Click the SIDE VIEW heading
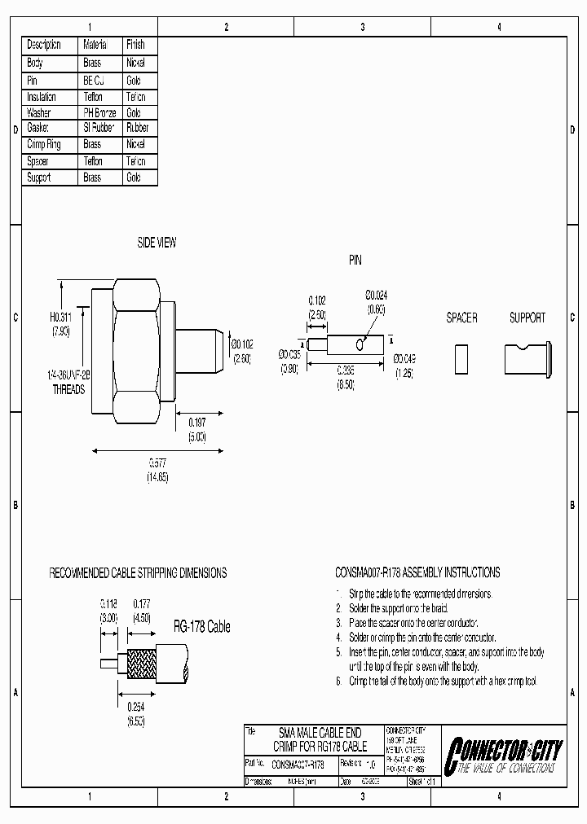[x=156, y=243]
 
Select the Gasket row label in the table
[x=38, y=128]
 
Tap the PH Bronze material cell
[x=99, y=112]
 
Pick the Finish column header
[x=135, y=45]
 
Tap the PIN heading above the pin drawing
[x=355, y=261]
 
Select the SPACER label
[x=461, y=318]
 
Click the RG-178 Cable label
[x=201, y=626]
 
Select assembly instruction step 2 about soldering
[x=391, y=608]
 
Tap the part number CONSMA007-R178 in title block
[x=297, y=765]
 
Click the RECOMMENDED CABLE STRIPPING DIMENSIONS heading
[x=138, y=573]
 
